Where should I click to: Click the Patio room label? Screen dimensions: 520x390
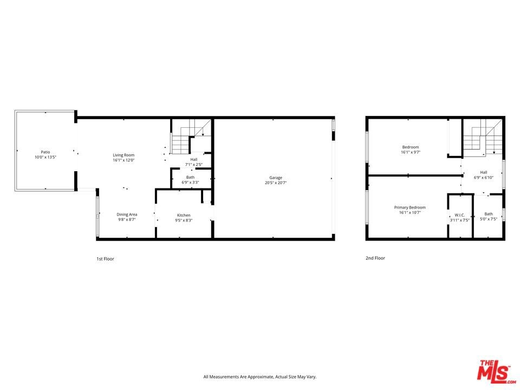tap(45, 152)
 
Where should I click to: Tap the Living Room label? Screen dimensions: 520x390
tap(123, 155)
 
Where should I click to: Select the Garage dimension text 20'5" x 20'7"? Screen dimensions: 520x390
tap(276, 183)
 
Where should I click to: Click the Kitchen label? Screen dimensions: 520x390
tap(184, 215)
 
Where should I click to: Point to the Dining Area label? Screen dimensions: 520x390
tap(127, 214)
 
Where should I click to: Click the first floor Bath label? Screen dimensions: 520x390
tap(190, 178)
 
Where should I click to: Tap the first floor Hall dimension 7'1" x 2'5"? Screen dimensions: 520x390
tap(194, 165)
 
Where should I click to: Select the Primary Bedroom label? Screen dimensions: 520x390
tap(410, 207)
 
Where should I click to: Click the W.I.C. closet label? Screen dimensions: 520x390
tap(460, 215)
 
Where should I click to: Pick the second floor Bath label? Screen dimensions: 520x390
tap(489, 214)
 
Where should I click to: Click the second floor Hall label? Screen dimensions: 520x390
tap(484, 172)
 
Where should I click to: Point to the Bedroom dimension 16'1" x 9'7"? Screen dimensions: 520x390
tap(411, 152)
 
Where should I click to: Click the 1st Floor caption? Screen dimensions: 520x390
tap(105, 259)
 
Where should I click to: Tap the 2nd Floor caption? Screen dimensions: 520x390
tap(375, 258)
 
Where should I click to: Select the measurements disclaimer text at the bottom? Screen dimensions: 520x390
tap(259, 377)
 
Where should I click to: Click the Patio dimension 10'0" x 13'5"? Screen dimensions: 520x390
tap(45, 157)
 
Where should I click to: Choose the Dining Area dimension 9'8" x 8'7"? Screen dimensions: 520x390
tap(127, 219)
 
